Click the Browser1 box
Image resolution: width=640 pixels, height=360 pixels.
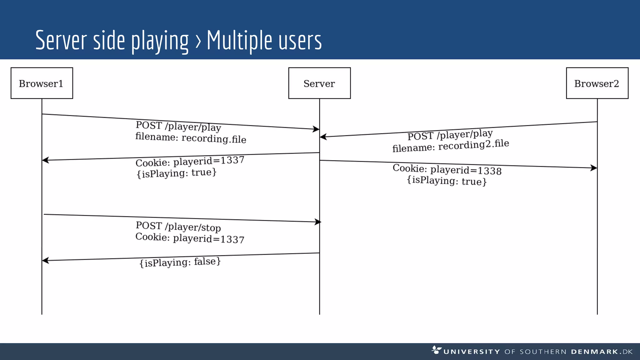tap(42, 83)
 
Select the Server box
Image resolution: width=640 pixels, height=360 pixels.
tap(319, 83)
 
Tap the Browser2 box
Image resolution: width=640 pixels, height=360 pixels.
tap(597, 83)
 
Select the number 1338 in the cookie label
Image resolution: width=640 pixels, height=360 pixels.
tap(490, 171)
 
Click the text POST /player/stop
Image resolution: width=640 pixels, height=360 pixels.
tap(178, 227)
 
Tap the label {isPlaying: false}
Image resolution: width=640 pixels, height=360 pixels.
tap(180, 262)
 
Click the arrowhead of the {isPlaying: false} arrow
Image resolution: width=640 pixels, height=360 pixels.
tap(45, 260)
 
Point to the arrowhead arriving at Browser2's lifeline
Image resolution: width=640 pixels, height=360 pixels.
tap(593, 168)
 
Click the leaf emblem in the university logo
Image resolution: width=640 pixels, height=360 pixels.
tap(436, 349)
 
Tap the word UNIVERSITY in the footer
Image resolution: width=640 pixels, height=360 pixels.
tap(472, 352)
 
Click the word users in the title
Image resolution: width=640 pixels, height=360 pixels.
tap(300, 41)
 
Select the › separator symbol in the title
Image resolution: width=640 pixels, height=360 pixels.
tap(198, 42)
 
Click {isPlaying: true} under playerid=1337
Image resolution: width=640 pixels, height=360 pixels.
tap(176, 173)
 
